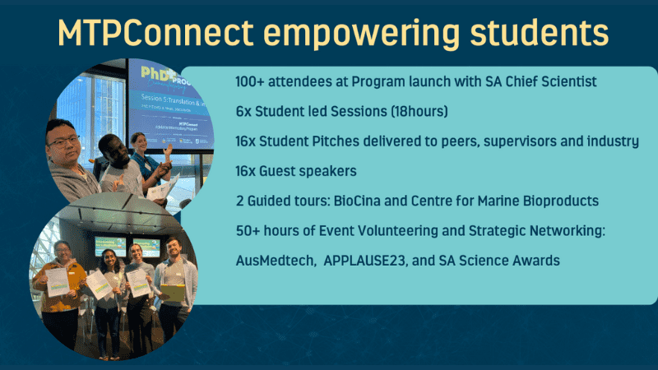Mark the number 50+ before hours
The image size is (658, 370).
[x=247, y=230]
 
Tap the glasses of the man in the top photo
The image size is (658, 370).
[x=63, y=141]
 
